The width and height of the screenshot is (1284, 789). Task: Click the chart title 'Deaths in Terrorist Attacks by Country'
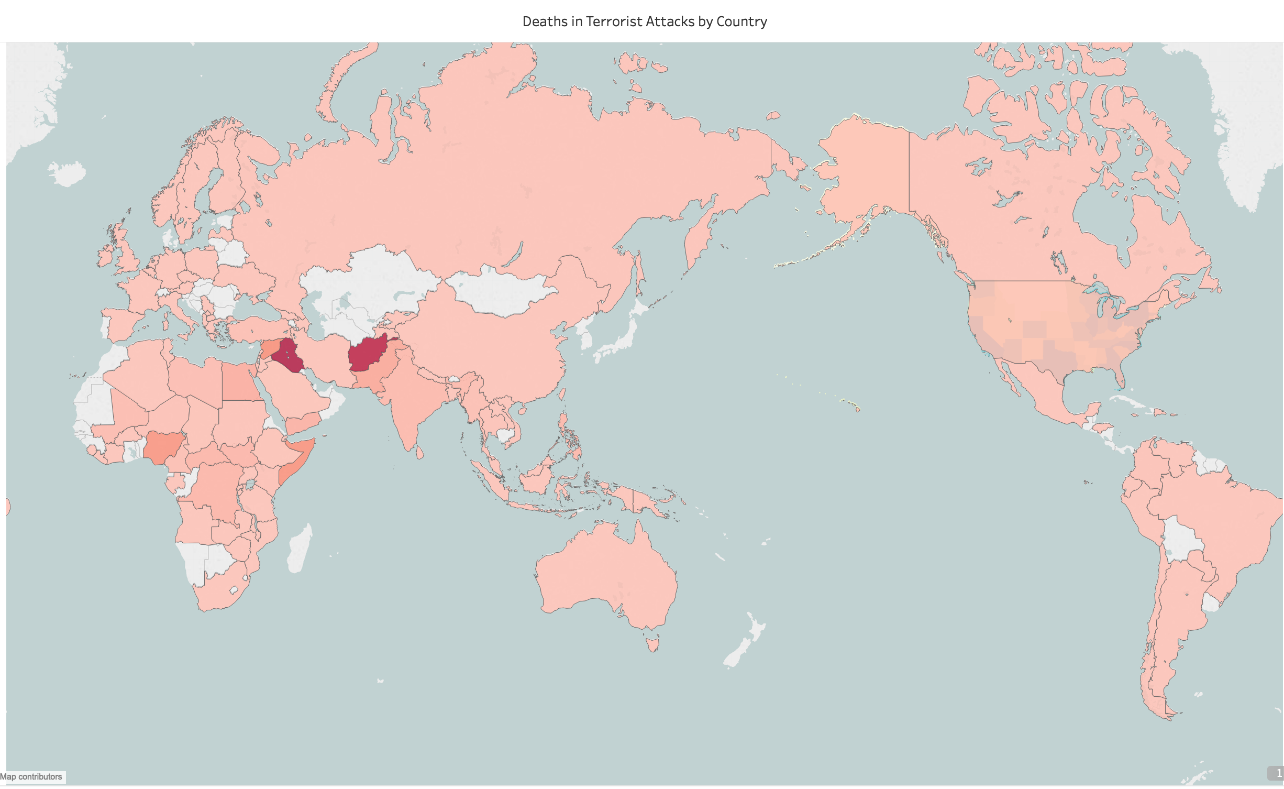(x=645, y=21)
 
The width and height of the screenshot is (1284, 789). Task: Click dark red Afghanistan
(x=368, y=354)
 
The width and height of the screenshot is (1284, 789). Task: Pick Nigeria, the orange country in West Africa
(x=164, y=446)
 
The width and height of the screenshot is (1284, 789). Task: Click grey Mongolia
(x=503, y=291)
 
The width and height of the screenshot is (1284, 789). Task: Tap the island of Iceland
(x=67, y=173)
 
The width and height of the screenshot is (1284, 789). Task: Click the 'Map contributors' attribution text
(x=31, y=776)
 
